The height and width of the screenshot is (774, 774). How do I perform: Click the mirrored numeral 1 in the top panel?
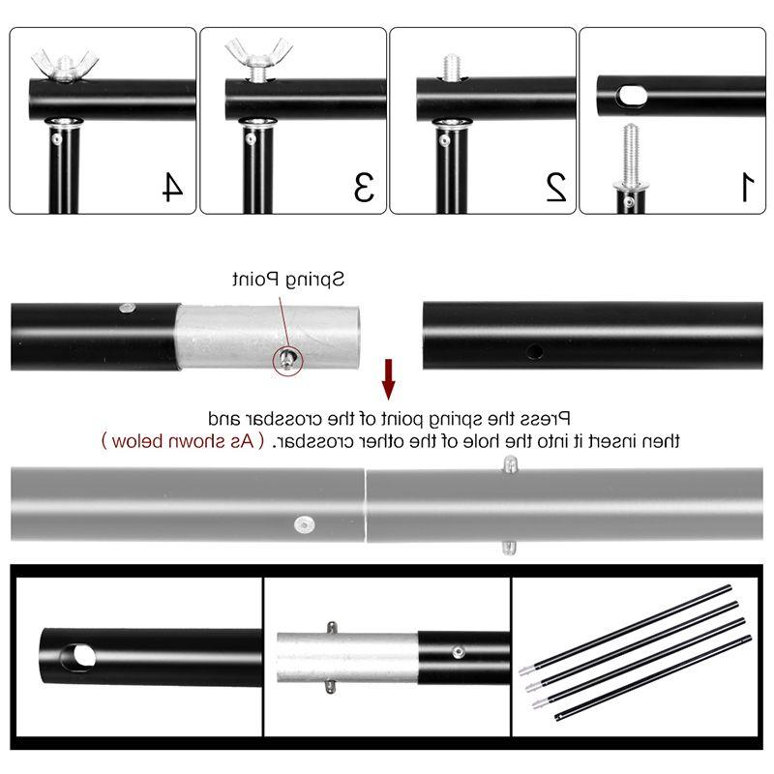pyautogui.click(x=747, y=187)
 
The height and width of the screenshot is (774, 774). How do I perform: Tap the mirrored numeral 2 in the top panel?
pyautogui.click(x=555, y=187)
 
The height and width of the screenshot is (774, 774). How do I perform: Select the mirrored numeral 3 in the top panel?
pyautogui.click(x=365, y=187)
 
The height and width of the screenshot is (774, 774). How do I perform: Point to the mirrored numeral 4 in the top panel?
pyautogui.click(x=173, y=187)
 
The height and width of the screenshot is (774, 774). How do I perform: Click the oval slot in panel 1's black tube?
pyautogui.click(x=632, y=96)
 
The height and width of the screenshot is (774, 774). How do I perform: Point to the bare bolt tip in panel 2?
pyautogui.click(x=451, y=66)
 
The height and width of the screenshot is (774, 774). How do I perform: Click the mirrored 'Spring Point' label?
pyautogui.click(x=288, y=280)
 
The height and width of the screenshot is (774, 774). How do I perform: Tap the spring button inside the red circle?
pyautogui.click(x=286, y=358)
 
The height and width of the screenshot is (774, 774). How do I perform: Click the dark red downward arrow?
pyautogui.click(x=389, y=379)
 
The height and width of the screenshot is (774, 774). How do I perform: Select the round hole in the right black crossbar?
pyautogui.click(x=535, y=351)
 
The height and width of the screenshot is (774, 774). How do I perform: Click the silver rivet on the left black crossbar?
pyautogui.click(x=128, y=308)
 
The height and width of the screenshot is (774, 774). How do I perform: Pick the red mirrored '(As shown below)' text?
pyautogui.click(x=183, y=441)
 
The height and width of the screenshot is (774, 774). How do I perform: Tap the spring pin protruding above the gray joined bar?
pyautogui.click(x=510, y=464)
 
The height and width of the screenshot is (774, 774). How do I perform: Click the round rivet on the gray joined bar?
pyautogui.click(x=304, y=524)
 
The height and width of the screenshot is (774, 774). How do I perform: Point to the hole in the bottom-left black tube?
pyautogui.click(x=79, y=657)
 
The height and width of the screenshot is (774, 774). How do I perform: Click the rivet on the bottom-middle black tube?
pyautogui.click(x=458, y=652)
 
